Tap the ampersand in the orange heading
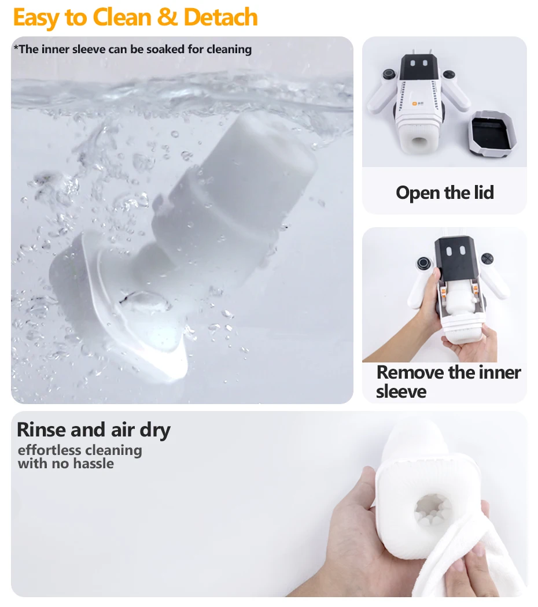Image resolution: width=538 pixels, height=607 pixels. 167,17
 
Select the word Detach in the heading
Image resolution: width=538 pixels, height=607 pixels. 220,17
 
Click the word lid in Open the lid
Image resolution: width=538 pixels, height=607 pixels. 484,193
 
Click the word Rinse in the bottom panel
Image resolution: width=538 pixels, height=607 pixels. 42,430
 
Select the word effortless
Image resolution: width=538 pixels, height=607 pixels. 49,450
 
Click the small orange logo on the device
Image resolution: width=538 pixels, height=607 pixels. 415,103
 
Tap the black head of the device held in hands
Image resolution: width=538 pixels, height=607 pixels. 455,257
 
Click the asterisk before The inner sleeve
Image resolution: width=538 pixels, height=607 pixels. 16,47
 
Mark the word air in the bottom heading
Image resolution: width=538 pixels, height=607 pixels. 123,430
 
